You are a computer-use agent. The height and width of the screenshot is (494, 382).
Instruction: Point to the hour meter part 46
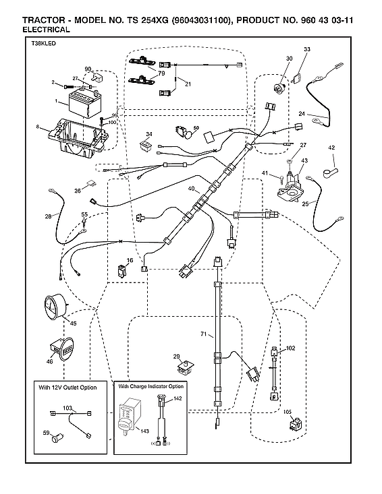62,350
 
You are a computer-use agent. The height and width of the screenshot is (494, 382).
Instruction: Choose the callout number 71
202,334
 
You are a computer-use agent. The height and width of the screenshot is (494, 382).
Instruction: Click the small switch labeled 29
183,368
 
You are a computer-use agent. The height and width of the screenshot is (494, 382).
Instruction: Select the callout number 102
291,348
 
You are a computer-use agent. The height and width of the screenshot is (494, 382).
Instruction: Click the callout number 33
307,50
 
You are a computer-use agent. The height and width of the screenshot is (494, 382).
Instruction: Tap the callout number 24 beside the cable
302,114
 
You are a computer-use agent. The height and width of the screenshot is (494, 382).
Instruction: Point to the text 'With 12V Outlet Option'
67,388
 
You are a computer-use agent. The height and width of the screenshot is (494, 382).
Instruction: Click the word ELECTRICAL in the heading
46,30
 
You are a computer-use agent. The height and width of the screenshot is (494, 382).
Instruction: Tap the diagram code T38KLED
41,43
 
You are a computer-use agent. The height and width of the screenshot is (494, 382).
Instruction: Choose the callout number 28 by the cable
48,216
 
